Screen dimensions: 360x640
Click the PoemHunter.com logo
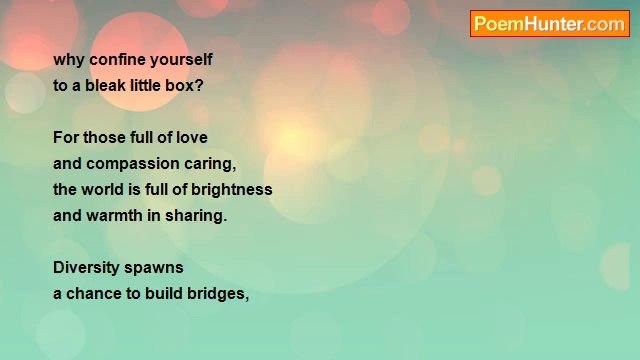pos(549,24)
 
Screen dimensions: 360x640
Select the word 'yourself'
pos(182,60)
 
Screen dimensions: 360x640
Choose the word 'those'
pos(105,138)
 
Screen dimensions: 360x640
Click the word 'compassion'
pos(132,164)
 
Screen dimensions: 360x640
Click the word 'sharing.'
pos(198,216)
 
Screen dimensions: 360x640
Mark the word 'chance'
pos(96,294)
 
